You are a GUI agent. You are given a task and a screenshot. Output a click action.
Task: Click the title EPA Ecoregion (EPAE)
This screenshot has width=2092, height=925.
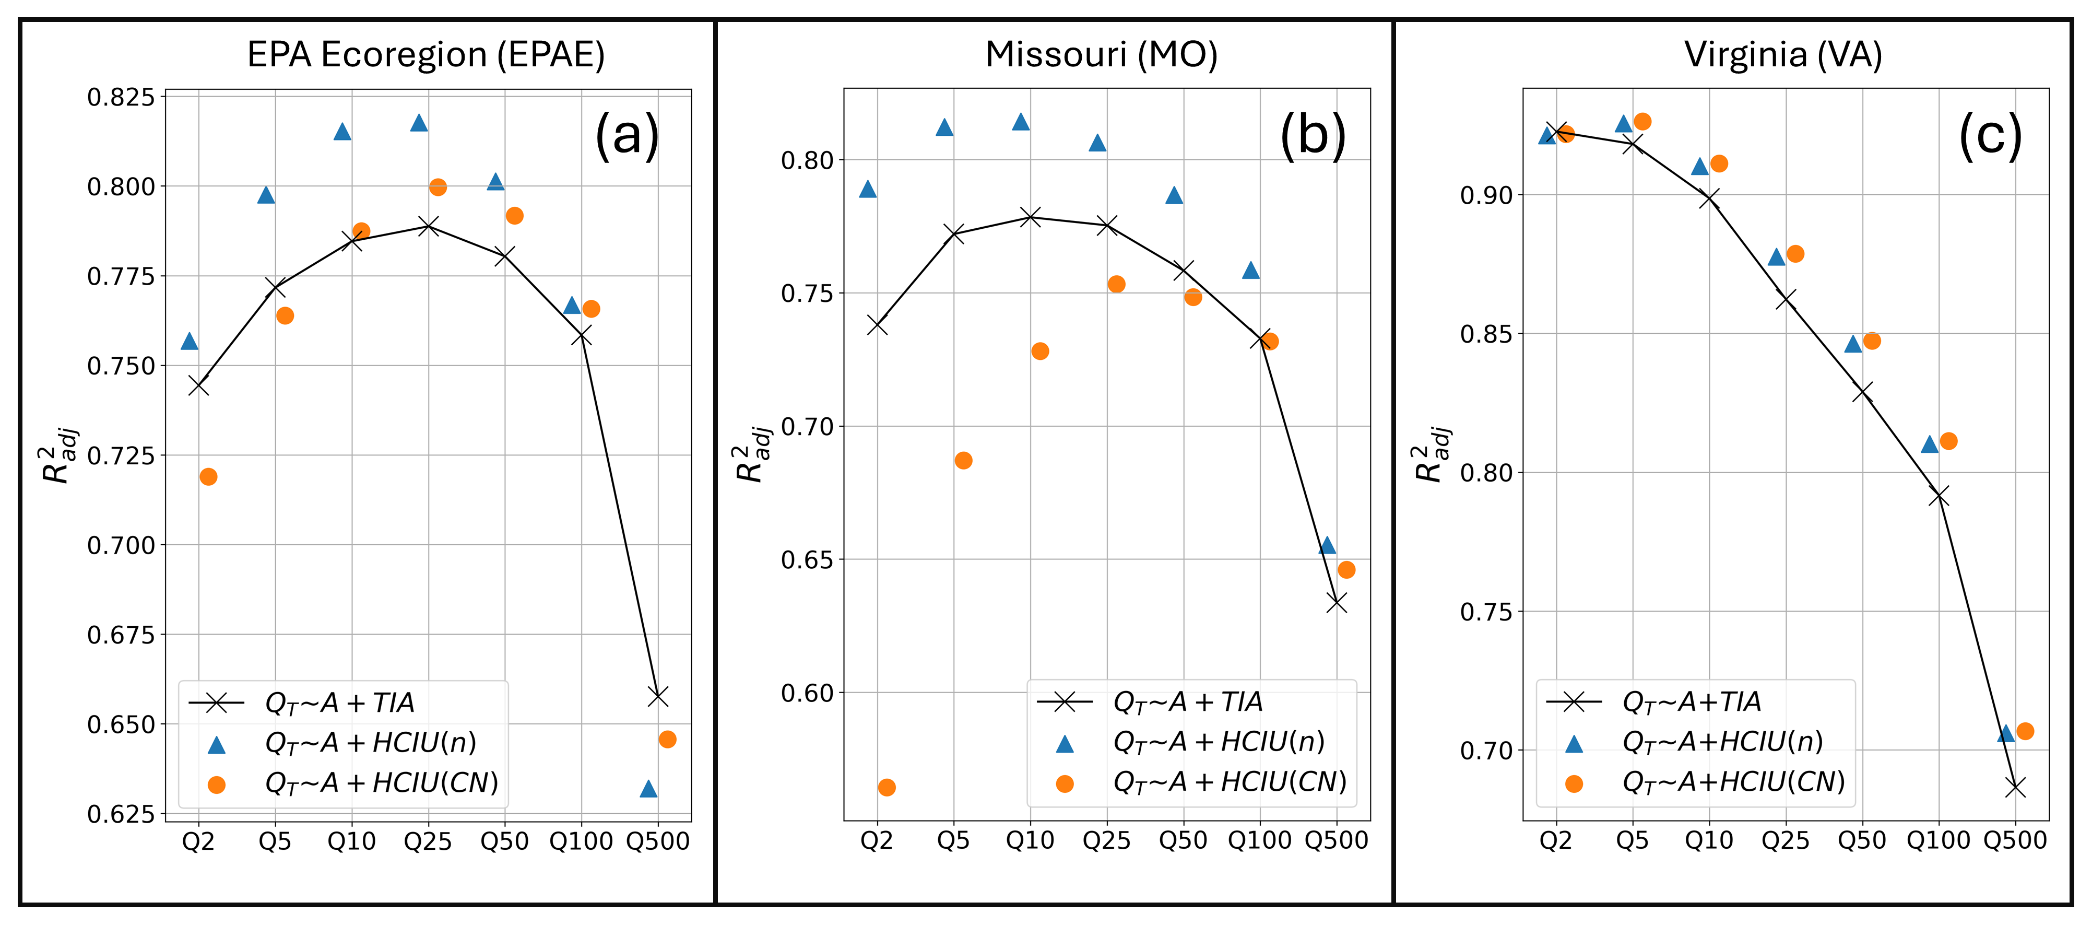click(426, 55)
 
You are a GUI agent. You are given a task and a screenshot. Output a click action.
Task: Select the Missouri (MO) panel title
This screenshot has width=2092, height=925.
click(1101, 55)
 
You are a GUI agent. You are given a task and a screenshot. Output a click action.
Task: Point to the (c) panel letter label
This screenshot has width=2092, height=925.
click(1990, 135)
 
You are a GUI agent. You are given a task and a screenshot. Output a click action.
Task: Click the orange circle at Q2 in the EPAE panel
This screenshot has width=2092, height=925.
click(208, 477)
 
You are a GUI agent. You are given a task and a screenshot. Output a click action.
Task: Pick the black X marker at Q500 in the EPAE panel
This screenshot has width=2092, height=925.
click(658, 696)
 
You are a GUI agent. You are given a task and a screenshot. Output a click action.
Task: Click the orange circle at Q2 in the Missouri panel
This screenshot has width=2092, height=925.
click(887, 788)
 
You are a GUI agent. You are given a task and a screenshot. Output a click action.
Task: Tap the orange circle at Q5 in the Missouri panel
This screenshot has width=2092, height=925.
click(963, 461)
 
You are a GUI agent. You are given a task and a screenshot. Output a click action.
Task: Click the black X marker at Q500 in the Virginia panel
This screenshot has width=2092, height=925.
click(2015, 788)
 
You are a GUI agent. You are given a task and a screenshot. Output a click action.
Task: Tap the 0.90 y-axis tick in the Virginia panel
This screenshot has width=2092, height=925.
click(1486, 196)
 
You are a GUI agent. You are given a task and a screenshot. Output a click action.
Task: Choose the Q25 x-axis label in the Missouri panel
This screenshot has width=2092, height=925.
click(1106, 840)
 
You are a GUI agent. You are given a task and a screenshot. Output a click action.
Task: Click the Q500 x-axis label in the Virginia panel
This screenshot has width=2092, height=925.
click(2015, 840)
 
